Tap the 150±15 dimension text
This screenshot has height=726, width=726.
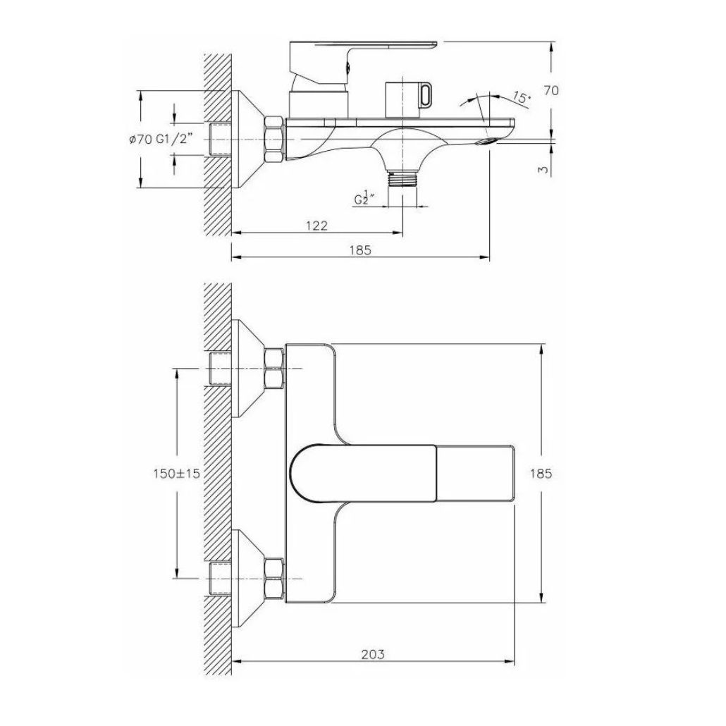(176, 474)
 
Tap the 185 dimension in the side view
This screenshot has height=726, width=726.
(360, 250)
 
